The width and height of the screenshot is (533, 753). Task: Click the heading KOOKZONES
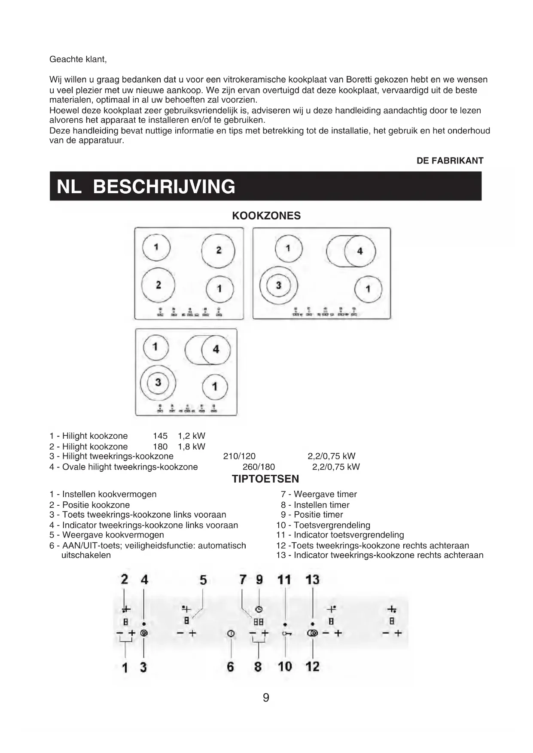[x=266, y=216]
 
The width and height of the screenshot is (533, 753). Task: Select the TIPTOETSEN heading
[x=265, y=479]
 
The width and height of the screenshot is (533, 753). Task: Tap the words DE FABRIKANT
[x=450, y=161]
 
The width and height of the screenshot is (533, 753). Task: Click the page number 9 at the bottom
[x=266, y=698]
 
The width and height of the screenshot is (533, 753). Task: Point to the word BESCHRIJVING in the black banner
[x=164, y=187]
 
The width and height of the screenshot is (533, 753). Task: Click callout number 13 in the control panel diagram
[x=312, y=580]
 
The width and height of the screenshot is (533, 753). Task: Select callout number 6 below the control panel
[x=231, y=667]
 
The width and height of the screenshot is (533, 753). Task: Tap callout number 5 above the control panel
[x=203, y=580]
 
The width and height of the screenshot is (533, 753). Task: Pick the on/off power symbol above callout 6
[x=231, y=634]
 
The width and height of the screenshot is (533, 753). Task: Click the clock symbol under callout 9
[x=259, y=610]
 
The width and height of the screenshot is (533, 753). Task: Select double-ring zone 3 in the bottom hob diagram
[x=158, y=382]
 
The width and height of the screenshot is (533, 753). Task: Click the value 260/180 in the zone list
[x=259, y=467]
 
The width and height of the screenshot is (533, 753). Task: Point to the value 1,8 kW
[x=192, y=446]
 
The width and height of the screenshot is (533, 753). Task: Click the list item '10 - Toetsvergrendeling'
[x=323, y=525]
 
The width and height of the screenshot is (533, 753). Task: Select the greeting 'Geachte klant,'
[x=78, y=59]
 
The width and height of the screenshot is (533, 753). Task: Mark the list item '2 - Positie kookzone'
[x=89, y=505]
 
